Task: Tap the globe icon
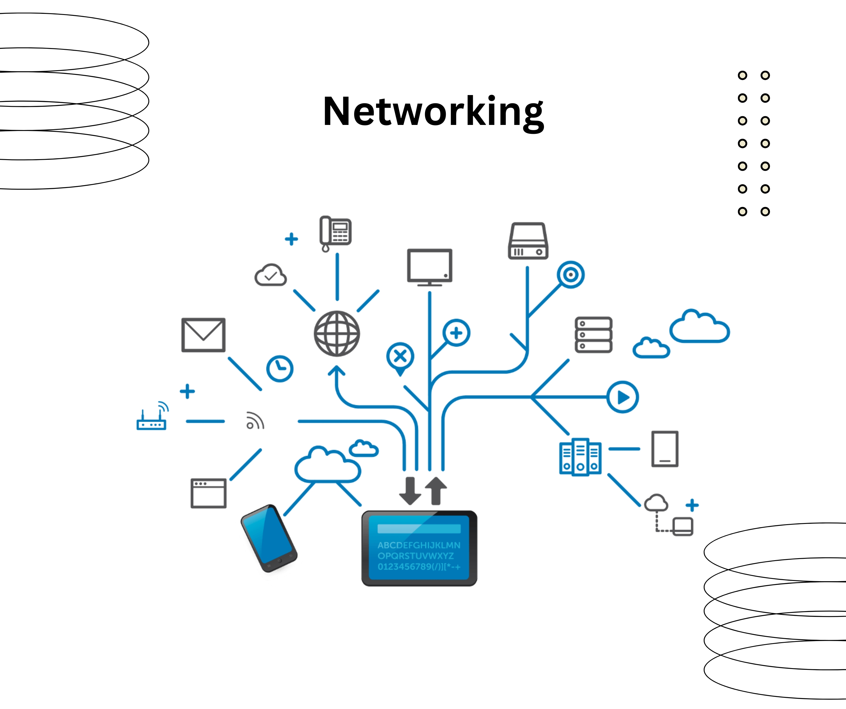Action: (x=337, y=334)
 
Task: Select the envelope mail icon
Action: (x=204, y=335)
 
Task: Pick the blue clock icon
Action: (x=280, y=368)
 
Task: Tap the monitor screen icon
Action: (x=429, y=266)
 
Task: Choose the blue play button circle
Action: (x=623, y=397)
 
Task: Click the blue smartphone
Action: (x=268, y=538)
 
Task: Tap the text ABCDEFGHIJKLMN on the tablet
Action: (x=419, y=545)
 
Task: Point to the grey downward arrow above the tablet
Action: (x=410, y=491)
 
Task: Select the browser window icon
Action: (x=208, y=493)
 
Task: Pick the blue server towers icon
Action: (x=580, y=457)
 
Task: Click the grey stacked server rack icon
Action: (x=593, y=335)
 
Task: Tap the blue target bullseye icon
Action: (x=570, y=275)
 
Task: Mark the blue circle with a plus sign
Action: (x=456, y=333)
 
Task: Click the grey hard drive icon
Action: (x=528, y=241)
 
